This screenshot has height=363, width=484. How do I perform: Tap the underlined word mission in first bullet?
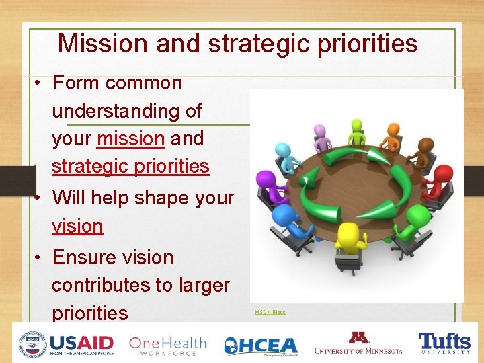tap(130, 138)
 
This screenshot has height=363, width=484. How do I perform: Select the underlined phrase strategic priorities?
tap(130, 166)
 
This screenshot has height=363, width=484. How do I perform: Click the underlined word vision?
tap(77, 226)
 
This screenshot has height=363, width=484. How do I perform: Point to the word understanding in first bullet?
tap(126, 111)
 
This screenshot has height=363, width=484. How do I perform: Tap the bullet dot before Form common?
tap(40, 84)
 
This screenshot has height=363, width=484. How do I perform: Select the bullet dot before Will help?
tap(40, 198)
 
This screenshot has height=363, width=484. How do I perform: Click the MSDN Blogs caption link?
tap(270, 312)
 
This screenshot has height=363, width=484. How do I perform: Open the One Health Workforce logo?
tap(167, 345)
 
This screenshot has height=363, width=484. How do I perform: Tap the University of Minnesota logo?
tap(358, 344)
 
